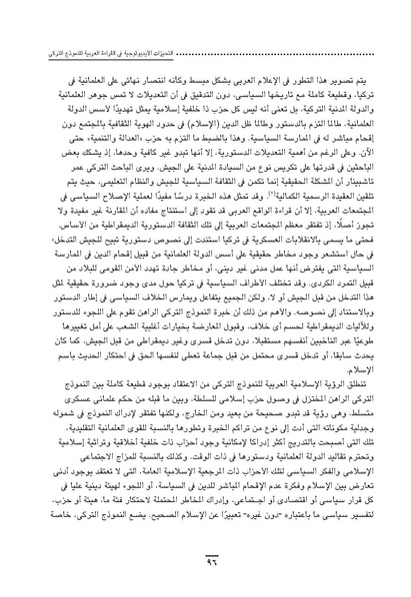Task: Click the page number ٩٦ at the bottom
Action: click(205, 565)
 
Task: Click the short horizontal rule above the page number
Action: click(205, 553)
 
